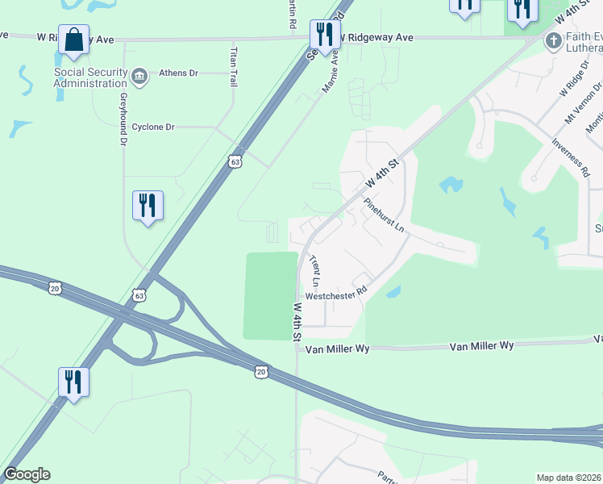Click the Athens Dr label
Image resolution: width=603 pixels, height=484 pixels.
click(x=178, y=72)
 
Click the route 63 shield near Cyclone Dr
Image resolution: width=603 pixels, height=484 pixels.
click(x=235, y=161)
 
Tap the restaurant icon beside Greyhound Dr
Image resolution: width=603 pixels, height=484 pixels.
click(x=148, y=206)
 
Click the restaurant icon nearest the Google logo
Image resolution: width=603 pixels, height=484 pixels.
click(x=74, y=382)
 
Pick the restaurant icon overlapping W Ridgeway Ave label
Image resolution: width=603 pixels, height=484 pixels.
click(x=325, y=36)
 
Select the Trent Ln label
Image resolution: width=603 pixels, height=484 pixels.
click(x=315, y=272)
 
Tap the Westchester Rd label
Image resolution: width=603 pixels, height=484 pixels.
click(x=336, y=294)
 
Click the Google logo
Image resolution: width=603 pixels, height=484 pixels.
click(x=27, y=474)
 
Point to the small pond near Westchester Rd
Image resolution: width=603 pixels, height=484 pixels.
click(x=393, y=292)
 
